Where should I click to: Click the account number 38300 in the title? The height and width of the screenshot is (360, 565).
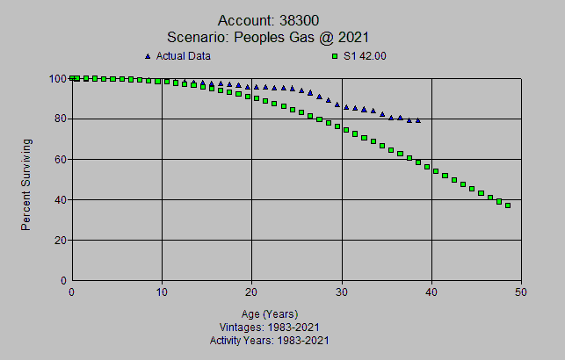point(313,20)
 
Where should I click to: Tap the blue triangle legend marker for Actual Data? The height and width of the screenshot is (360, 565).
point(148,56)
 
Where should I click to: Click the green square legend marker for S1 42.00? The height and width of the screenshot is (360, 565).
point(335,56)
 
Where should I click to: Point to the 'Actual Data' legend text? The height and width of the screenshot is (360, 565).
point(184,56)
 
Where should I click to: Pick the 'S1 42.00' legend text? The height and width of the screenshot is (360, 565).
point(366,56)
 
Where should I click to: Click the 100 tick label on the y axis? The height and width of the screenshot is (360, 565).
point(57,78)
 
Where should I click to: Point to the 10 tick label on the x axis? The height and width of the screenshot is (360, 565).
point(162,292)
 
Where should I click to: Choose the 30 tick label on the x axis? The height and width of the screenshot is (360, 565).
point(342,292)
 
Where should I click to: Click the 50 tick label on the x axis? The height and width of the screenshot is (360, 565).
point(521,292)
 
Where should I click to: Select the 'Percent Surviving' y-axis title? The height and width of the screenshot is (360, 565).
point(26,184)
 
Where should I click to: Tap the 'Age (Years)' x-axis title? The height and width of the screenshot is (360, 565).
point(270,313)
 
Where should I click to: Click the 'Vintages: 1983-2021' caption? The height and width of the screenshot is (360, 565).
point(270,327)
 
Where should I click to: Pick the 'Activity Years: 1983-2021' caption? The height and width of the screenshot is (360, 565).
point(270,339)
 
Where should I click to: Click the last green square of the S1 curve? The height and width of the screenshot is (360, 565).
point(508,205)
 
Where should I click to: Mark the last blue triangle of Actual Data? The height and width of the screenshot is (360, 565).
point(417,120)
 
